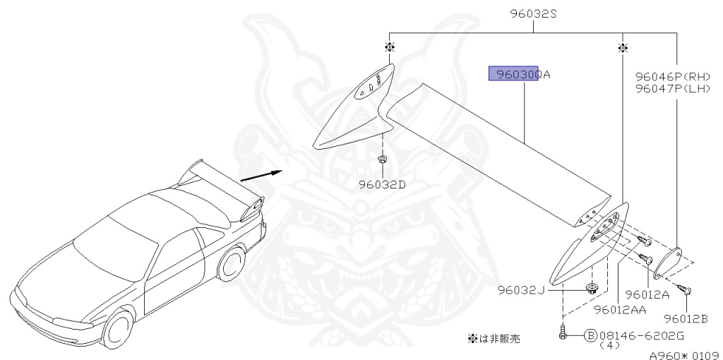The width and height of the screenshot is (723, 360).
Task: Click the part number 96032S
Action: point(533,13)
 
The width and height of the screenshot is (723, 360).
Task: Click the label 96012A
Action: point(647,295)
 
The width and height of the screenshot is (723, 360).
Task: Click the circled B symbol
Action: point(590,335)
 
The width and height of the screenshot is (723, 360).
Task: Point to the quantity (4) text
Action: point(607,347)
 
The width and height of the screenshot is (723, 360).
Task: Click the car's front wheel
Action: point(118,327)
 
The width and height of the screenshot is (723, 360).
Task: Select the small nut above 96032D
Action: point(382,161)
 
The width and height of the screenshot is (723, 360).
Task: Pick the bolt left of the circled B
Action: point(563,332)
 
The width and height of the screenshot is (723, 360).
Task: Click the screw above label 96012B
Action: point(685,289)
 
